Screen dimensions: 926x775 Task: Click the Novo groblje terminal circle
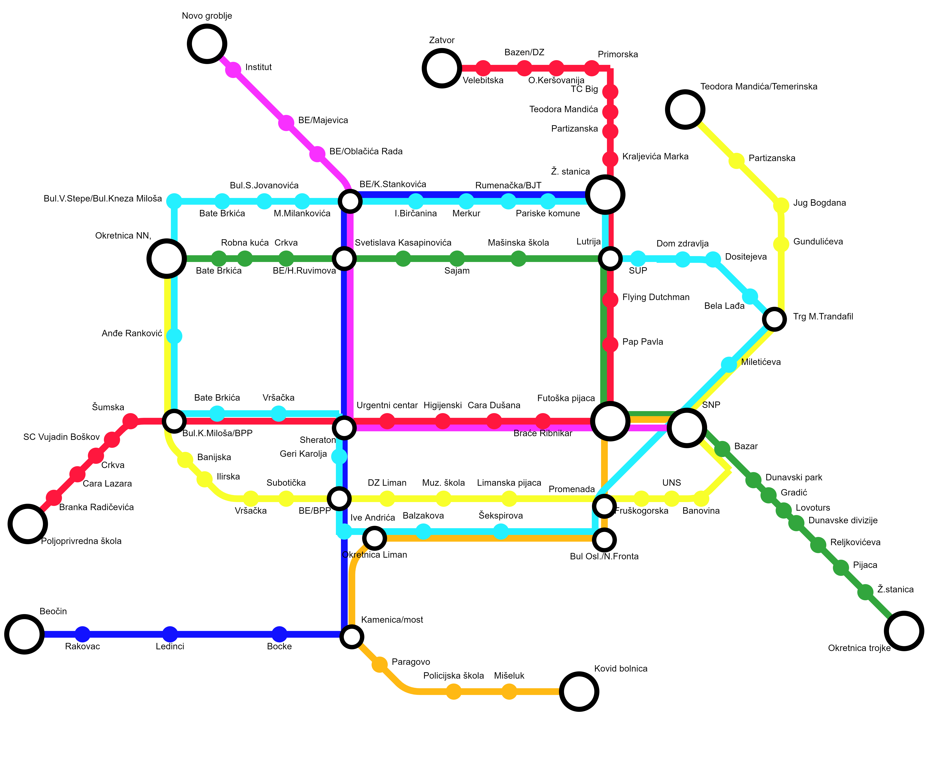207,44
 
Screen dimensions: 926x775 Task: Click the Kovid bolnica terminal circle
579,692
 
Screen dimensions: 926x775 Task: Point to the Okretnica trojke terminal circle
904,631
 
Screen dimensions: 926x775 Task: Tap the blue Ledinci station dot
170,634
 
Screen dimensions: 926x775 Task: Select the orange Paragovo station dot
379,664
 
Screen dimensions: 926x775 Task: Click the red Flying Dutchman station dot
610,300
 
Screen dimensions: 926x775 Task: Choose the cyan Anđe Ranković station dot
174,336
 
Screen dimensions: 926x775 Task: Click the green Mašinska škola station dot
519,259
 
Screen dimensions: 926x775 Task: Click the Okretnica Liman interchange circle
374,538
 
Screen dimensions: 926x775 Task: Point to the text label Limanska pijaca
509,483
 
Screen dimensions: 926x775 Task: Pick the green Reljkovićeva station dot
818,545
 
